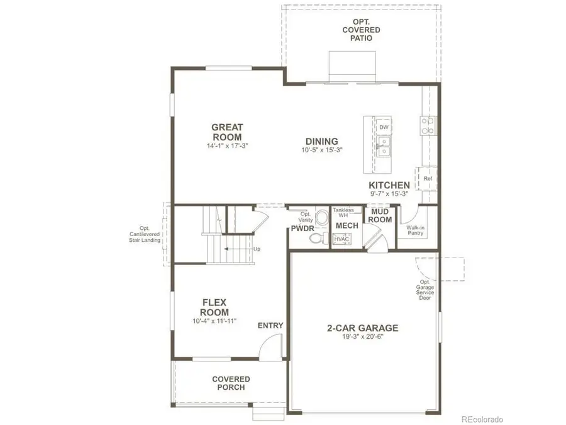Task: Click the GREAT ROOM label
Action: tap(227, 132)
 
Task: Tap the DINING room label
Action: tap(321, 142)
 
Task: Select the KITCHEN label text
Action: tap(389, 185)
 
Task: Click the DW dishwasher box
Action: tap(384, 127)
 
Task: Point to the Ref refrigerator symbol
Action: tap(428, 178)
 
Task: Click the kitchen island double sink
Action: tap(383, 148)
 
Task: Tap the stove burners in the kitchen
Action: tap(428, 126)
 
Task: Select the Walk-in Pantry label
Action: tap(415, 230)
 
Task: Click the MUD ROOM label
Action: tap(380, 216)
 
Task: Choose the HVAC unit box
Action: tap(341, 239)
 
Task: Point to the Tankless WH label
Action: tap(343, 213)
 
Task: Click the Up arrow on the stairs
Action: tap(239, 249)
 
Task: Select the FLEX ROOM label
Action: tap(214, 307)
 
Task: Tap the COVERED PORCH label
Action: tap(231, 383)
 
